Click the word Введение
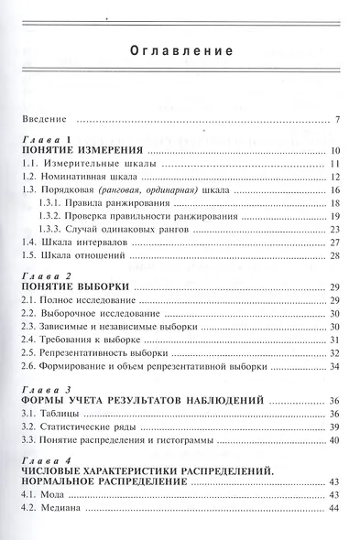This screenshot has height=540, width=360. pyautogui.click(x=46, y=120)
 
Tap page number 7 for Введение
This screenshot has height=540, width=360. pyautogui.click(x=338, y=120)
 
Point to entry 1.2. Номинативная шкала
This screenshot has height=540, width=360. pyautogui.click(x=78, y=177)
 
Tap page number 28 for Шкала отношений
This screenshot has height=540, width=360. pyautogui.click(x=335, y=257)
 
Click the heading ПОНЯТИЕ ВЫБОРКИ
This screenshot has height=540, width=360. pyautogui.click(x=76, y=286)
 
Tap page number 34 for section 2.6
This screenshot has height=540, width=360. pyautogui.click(x=335, y=367)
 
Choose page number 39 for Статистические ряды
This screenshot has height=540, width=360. pyautogui.click(x=335, y=427)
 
